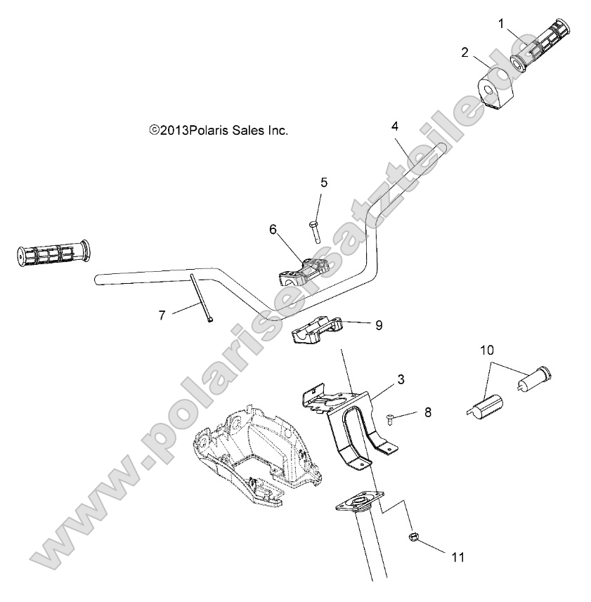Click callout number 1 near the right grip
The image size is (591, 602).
(502, 23)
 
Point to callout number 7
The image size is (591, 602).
(162, 315)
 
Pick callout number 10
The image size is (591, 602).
(487, 349)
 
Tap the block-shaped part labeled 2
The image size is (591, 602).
(495, 91)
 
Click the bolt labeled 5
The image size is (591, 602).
(313, 231)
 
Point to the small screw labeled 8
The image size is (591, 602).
(391, 419)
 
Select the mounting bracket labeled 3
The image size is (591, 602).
(351, 421)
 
